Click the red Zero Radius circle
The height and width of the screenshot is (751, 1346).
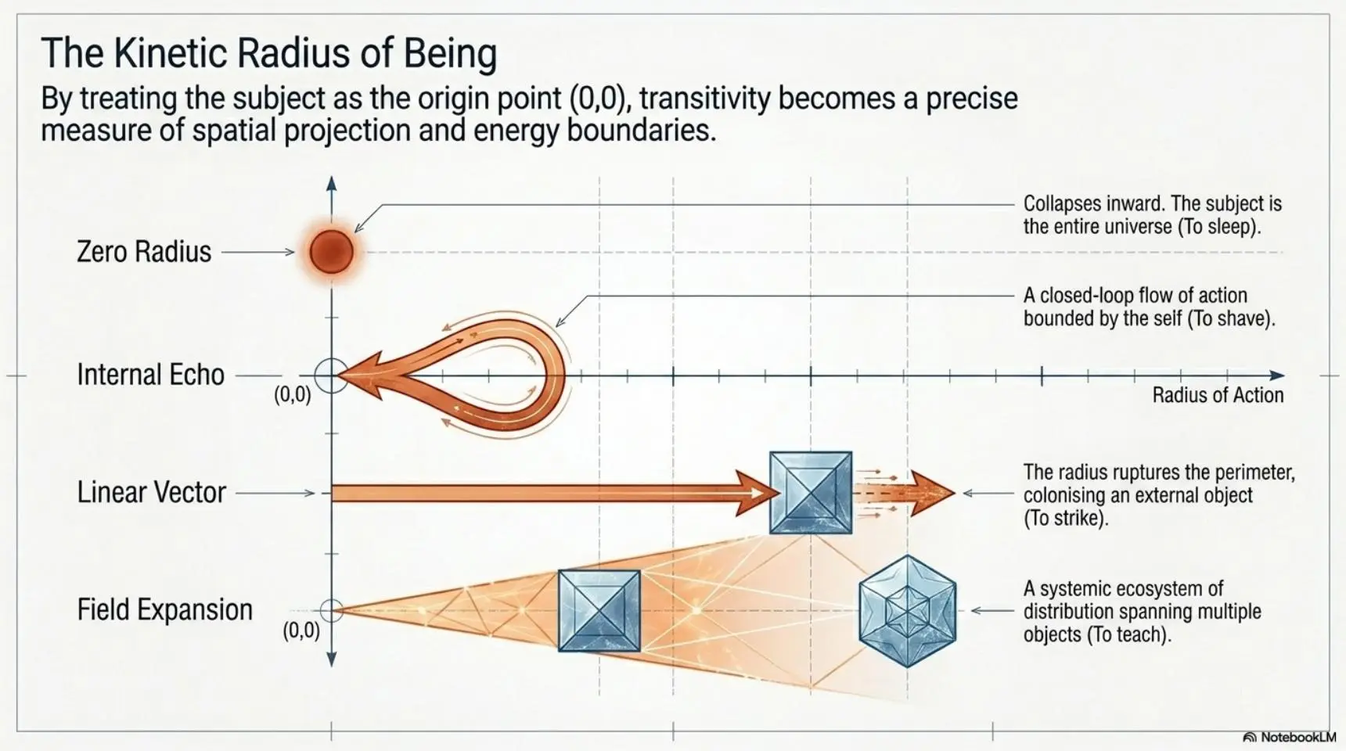pos(332,252)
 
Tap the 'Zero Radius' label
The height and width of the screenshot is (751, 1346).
pos(144,252)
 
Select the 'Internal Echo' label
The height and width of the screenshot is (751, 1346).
pos(150,375)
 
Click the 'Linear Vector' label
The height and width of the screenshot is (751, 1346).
pos(151,492)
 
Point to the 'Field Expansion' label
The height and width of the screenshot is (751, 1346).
pos(164,609)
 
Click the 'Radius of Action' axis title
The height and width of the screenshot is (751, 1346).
pos(1218,395)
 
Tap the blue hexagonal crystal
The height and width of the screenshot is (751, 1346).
pos(908,611)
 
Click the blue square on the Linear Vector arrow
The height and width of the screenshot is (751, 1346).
pos(811,493)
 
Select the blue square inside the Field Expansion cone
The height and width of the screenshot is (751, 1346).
pos(599,611)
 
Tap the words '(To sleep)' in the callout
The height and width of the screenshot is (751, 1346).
pos(1218,227)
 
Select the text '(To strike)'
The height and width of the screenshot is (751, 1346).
pos(1067,519)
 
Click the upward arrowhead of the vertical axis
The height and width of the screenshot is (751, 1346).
pos(332,185)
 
